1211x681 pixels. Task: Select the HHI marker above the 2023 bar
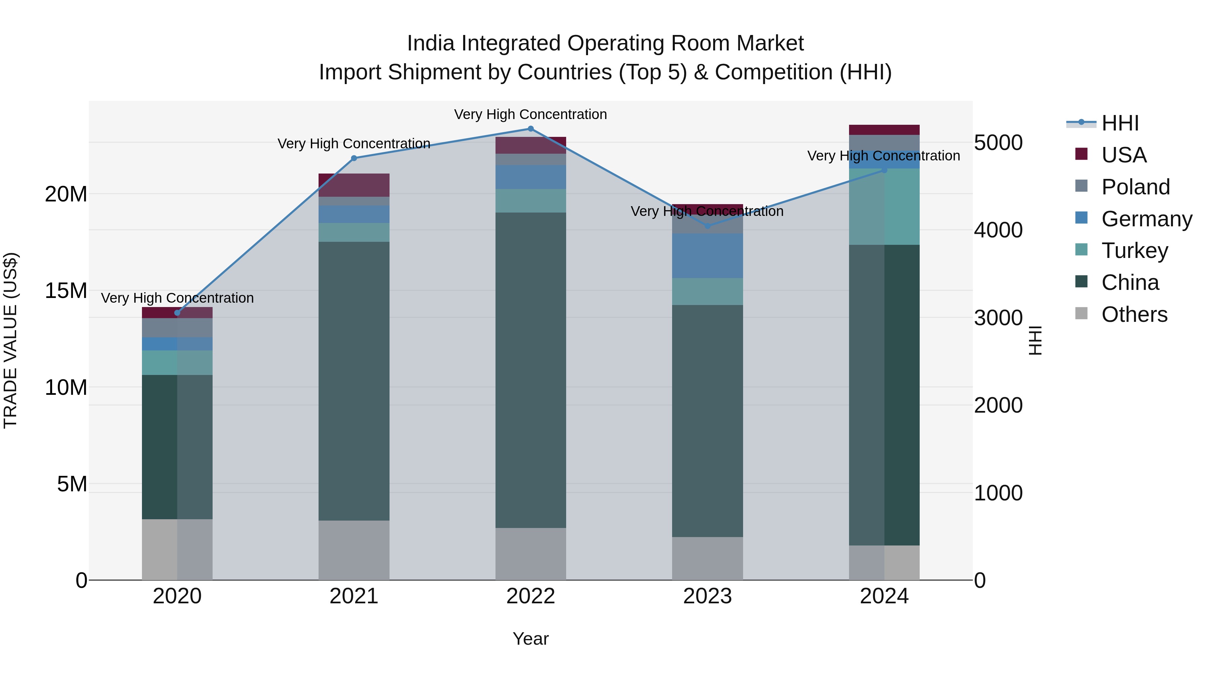707,226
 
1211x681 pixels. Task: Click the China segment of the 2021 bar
354,381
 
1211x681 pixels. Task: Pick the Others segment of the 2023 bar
707,558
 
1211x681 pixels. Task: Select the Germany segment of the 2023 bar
707,256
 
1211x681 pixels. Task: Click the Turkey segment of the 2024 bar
884,207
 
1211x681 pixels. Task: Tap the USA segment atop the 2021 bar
354,185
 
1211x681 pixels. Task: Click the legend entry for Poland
1135,187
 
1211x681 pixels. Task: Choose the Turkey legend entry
1134,251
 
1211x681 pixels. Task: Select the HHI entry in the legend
1120,123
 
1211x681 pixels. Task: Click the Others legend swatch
1081,313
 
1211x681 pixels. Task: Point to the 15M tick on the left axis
66,291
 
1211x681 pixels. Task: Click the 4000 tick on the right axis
998,230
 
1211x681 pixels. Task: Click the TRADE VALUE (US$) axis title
10,340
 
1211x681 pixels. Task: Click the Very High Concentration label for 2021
354,143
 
